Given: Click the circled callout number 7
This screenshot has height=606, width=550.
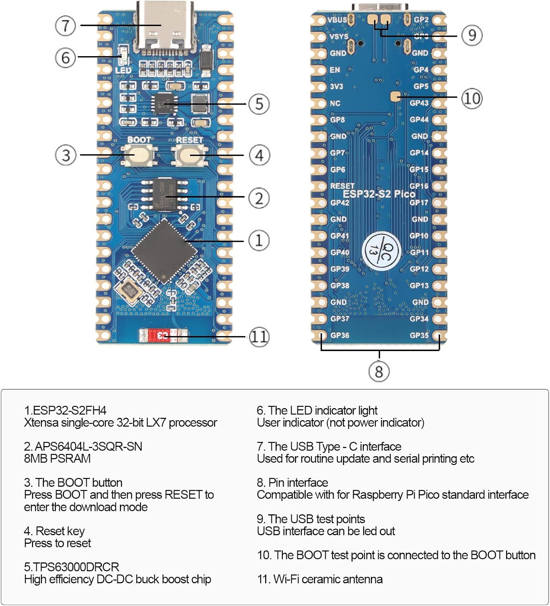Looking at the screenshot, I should pyautogui.click(x=65, y=25).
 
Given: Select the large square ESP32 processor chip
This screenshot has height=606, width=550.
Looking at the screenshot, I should pyautogui.click(x=165, y=251).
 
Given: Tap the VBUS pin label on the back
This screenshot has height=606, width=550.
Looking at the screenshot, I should pyautogui.click(x=337, y=19).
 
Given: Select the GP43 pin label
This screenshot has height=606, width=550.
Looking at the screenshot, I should pyautogui.click(x=419, y=103).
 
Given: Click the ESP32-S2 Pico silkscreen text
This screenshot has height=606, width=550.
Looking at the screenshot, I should pyautogui.click(x=379, y=194).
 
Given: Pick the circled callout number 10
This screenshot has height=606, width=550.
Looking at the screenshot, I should pyautogui.click(x=471, y=98).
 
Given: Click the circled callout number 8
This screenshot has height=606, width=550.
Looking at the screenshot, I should pyautogui.click(x=379, y=371).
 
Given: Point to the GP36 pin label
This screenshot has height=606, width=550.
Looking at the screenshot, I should pyautogui.click(x=340, y=335).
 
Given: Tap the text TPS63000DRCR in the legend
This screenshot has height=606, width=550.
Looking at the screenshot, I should pyautogui.click(x=71, y=567).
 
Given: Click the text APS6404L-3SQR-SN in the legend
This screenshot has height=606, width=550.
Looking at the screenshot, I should pyautogui.click(x=83, y=446).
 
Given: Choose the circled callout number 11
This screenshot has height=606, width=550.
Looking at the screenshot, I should pyautogui.click(x=259, y=337).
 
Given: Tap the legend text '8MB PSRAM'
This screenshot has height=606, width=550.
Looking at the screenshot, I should pyautogui.click(x=57, y=459).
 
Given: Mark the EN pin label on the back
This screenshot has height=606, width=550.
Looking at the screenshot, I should pyautogui.click(x=335, y=70).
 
